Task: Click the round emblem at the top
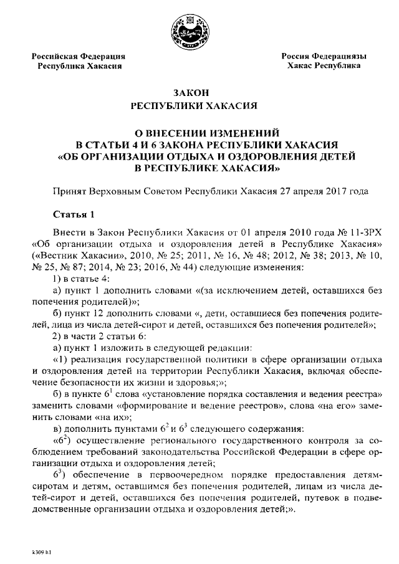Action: pos(199,31)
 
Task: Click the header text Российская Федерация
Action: pos(79,56)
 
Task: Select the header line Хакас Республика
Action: pos(324,65)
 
